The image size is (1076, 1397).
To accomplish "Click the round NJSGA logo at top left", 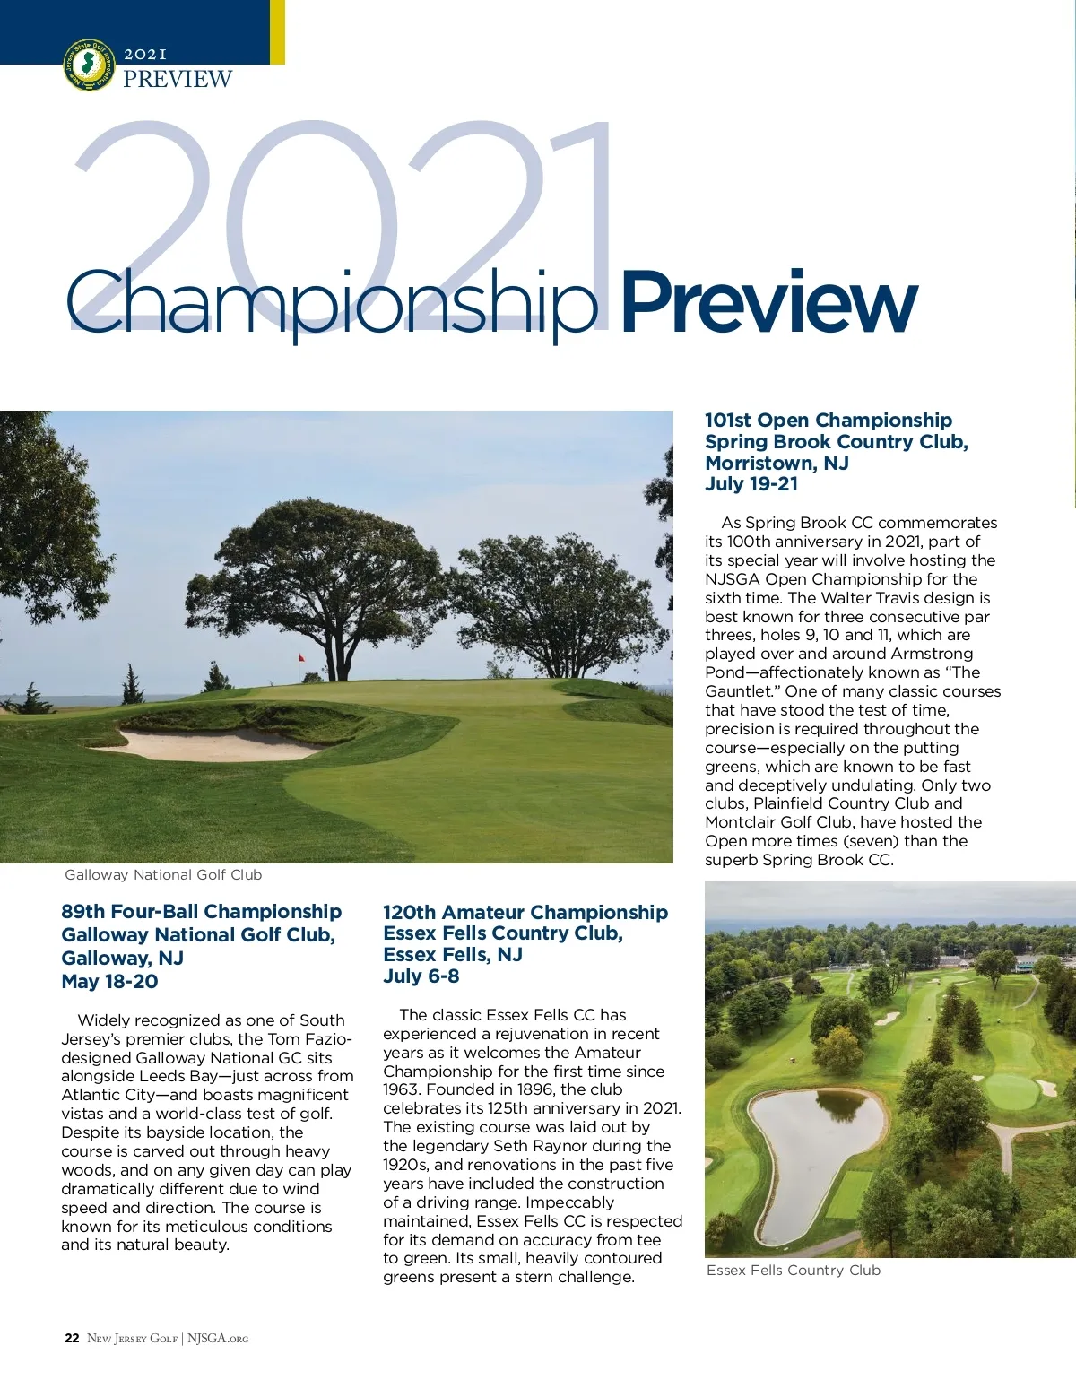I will coord(89,65).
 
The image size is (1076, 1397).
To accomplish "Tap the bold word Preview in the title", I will coord(768,302).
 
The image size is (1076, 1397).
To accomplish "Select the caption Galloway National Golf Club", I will coord(163,875).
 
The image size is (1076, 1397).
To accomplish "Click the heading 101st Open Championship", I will coord(828,421).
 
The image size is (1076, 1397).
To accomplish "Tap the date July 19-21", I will coord(751,484).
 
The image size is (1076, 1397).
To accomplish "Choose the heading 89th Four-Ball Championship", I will coord(201,912).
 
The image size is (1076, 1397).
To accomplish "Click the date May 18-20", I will coord(109,982).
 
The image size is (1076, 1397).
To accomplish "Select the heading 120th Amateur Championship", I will coord(525,913).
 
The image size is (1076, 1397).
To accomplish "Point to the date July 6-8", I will coord(421,976).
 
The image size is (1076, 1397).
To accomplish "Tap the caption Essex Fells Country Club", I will coord(793,1271).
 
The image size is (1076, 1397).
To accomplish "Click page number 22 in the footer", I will coord(72,1339).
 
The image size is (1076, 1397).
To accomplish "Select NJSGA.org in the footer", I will coord(217,1339).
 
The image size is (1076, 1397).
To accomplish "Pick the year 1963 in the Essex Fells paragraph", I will coord(402,1090).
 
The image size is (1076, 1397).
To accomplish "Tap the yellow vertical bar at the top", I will coord(277,31).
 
